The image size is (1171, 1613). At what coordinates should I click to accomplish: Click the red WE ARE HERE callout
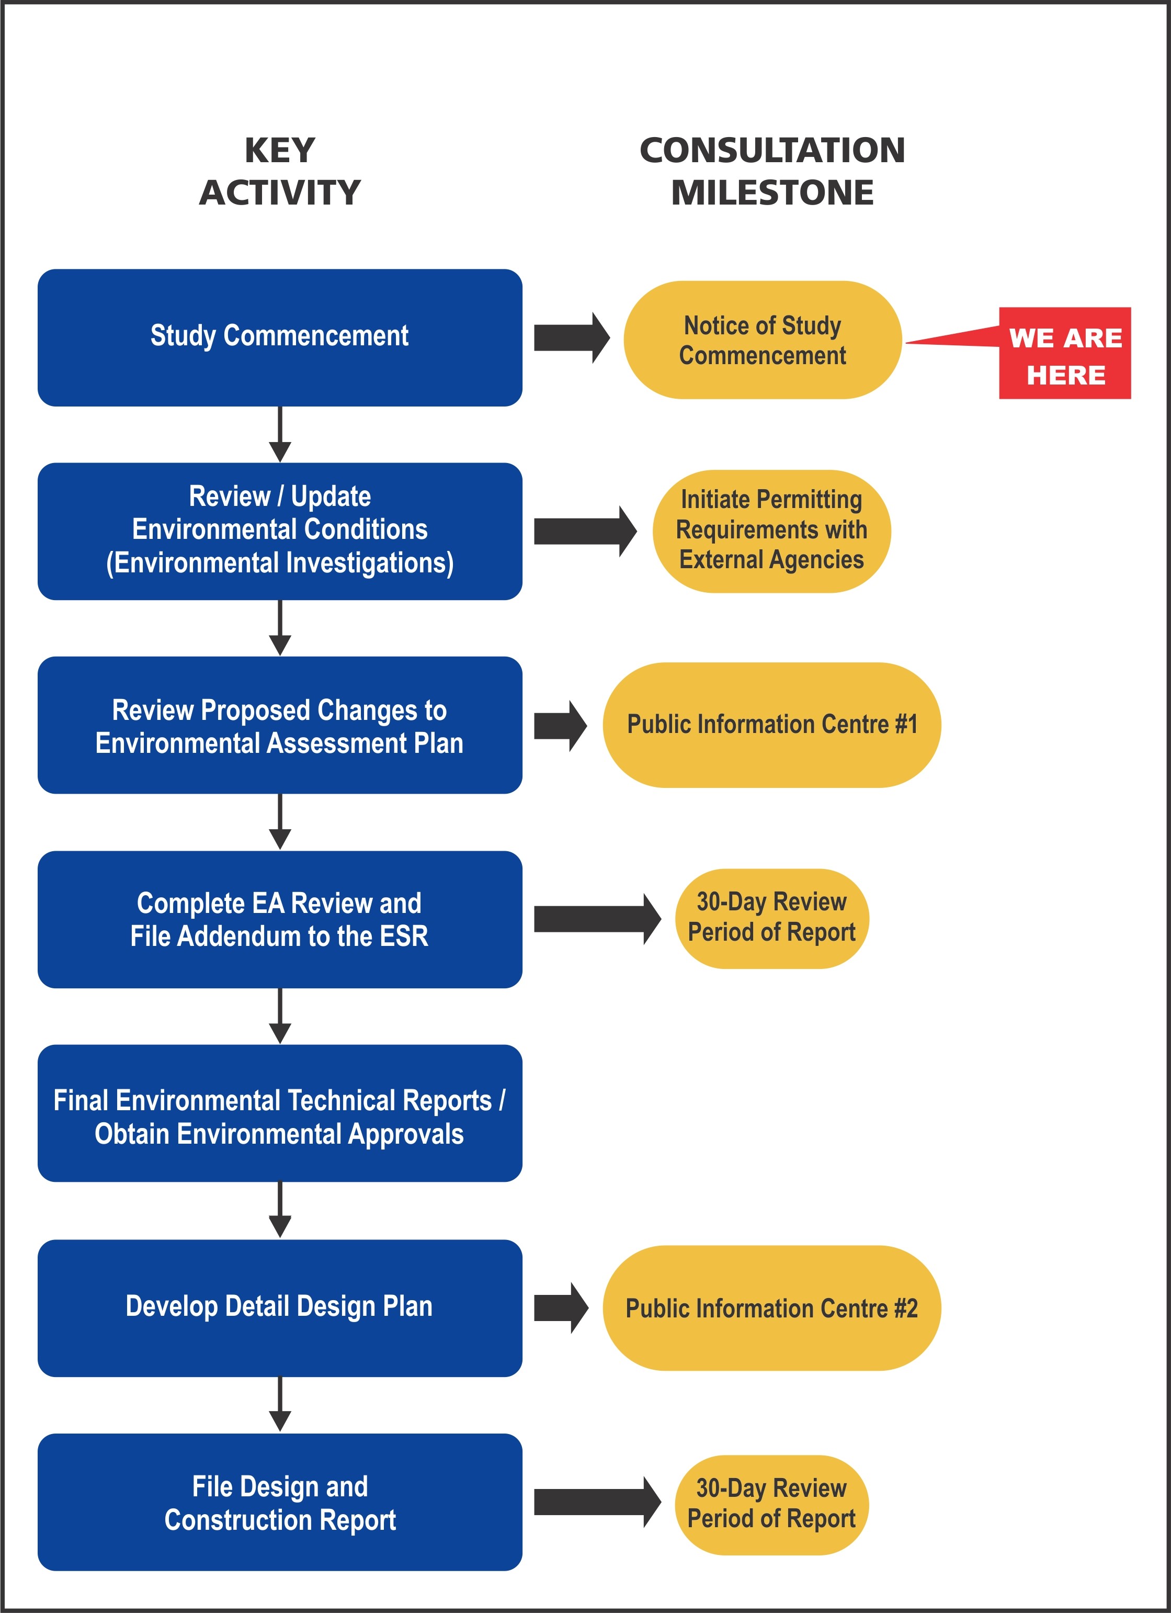click(1064, 354)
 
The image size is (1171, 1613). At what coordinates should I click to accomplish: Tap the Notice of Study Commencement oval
click(762, 340)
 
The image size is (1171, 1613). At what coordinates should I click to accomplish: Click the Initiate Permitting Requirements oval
click(771, 531)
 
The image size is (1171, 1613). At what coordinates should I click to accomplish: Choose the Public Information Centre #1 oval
click(771, 725)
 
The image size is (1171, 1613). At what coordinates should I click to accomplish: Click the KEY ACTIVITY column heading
click(279, 172)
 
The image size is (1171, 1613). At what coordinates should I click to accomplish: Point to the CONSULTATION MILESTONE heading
click(772, 172)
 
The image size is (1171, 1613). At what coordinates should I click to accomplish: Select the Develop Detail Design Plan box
click(279, 1307)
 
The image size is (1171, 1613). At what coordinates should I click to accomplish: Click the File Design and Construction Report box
click(279, 1502)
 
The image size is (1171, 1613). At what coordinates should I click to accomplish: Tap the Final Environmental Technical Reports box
click(279, 1113)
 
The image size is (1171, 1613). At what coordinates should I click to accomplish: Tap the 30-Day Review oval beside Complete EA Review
click(771, 918)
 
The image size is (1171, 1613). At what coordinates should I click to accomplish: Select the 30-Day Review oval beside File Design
click(771, 1504)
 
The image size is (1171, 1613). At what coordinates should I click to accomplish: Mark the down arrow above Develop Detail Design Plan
click(280, 1210)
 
